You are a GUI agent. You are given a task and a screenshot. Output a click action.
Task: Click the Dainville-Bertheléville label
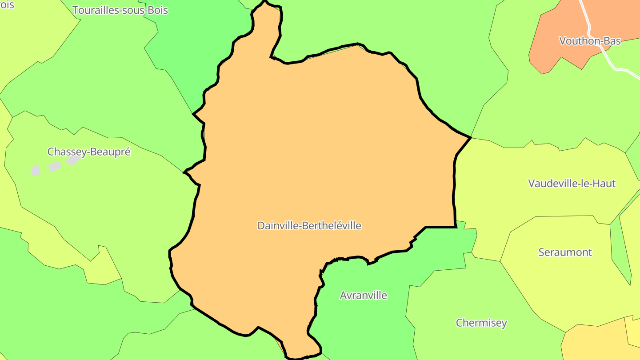coord(309,226)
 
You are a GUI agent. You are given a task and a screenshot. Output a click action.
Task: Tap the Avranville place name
coord(363,296)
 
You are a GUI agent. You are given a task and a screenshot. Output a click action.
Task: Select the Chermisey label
coord(481,323)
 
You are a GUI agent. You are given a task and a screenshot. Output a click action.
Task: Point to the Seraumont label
coord(565,252)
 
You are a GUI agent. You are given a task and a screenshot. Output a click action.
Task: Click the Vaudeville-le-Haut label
coord(572,183)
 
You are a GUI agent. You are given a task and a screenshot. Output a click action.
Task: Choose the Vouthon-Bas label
coord(590,41)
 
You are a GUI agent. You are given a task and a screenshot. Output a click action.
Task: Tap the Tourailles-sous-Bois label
coord(120,10)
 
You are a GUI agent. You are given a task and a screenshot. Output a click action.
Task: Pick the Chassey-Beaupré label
coord(89,152)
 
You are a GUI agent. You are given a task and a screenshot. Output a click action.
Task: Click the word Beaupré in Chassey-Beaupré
coord(111,152)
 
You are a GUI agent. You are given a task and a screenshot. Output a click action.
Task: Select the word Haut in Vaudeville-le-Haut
coord(604,183)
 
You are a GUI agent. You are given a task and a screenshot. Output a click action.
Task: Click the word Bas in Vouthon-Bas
coord(612,41)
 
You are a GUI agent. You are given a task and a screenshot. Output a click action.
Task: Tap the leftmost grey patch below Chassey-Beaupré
coord(36,170)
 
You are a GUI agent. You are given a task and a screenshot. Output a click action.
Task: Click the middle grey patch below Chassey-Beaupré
coord(54,167)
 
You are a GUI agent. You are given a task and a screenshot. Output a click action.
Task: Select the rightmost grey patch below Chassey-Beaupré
coord(73,160)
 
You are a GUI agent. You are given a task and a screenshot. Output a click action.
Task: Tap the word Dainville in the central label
coord(278,226)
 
